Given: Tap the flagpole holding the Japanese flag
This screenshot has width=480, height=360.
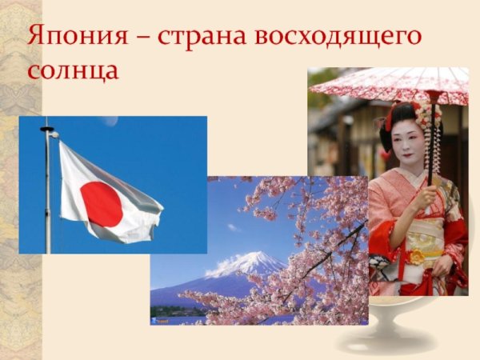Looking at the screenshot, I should pos(48,200).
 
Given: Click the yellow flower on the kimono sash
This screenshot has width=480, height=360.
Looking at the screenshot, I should pos(417,257).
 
